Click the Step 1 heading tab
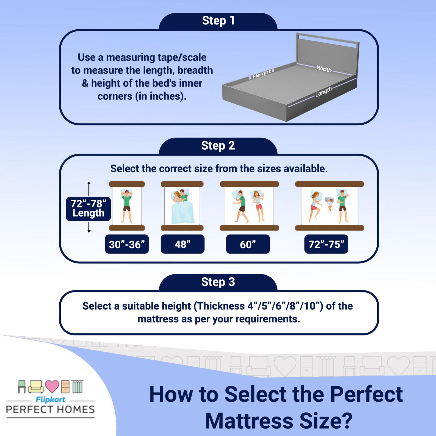pos(218,21)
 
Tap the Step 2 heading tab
pos(218,146)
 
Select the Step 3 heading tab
pos(218,282)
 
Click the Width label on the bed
pos(324,69)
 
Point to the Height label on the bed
pos(262,74)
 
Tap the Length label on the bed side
pos(323,92)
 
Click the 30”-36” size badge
pos(127,244)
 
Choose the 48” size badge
pos(183,244)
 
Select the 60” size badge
pos(248,244)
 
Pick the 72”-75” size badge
pos(326,244)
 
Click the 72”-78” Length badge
pos(88,208)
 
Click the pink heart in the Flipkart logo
pos(52,386)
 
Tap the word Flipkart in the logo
pos(50,400)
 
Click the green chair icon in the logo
pos(22,387)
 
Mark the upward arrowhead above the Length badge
pos(89,183)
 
